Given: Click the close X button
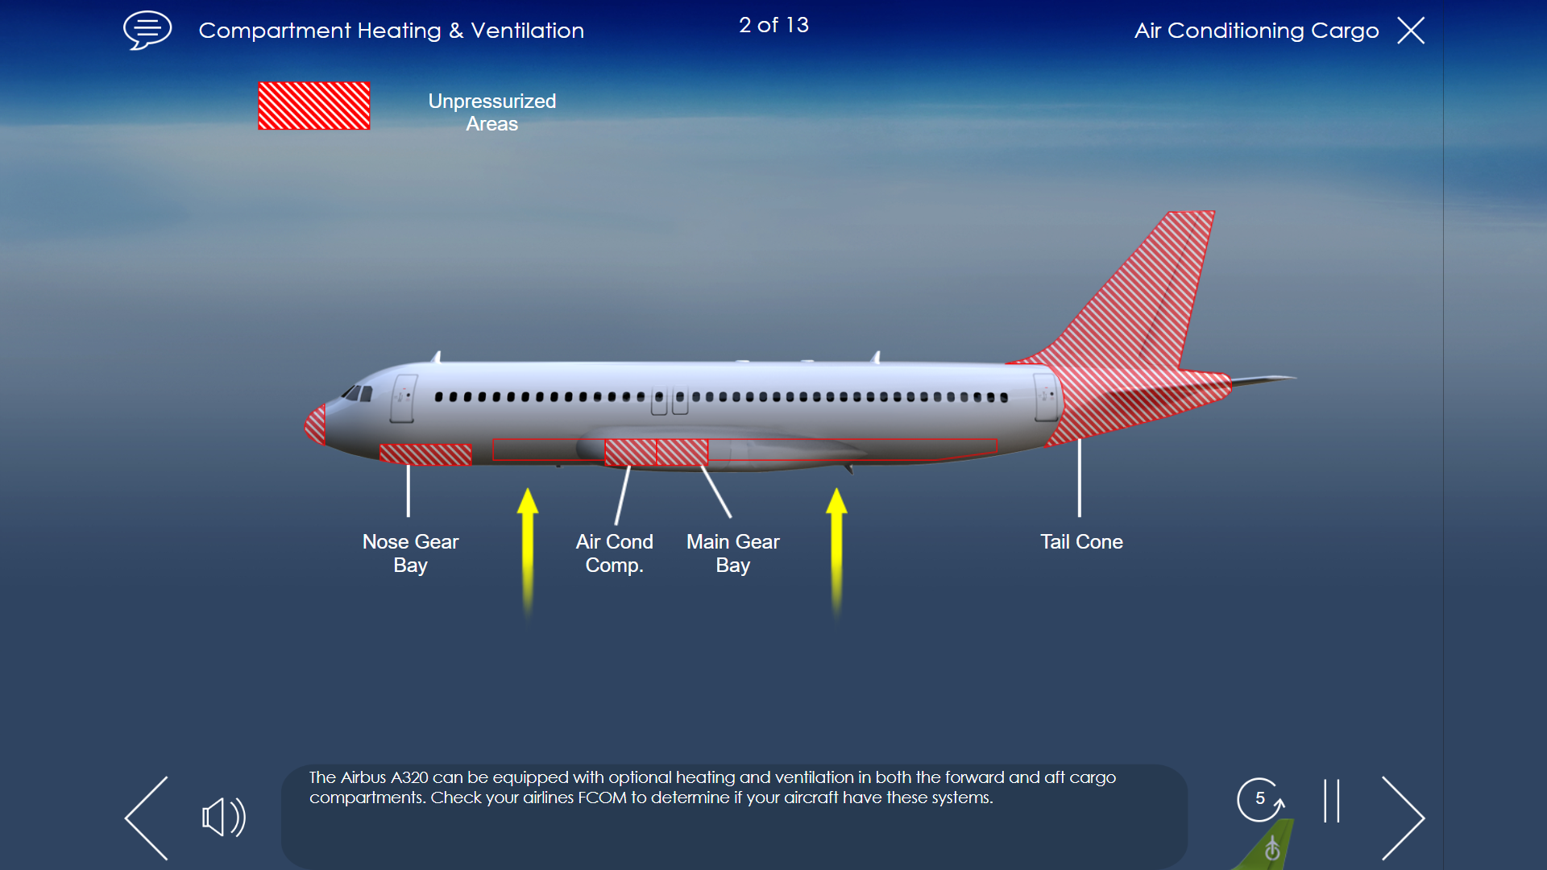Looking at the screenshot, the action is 1411,31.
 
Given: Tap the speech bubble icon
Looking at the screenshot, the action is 147,30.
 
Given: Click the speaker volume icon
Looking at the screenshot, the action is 223,818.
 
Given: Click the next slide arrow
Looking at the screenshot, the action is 1403,818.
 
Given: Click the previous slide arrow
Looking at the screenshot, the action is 147,818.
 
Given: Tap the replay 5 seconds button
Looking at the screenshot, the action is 1260,799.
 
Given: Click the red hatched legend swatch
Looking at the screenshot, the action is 314,106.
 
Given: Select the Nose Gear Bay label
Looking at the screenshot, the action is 410,553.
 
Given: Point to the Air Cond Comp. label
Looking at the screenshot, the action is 614,553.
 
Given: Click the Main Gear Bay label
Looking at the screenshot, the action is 732,553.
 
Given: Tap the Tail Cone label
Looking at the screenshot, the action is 1081,542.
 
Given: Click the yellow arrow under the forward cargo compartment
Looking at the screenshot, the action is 528,552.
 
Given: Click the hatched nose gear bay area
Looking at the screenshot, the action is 425,454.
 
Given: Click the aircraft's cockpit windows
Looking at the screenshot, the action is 357,393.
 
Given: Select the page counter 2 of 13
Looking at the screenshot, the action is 773,25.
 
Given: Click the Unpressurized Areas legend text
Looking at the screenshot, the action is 491,112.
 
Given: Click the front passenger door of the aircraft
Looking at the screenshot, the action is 403,398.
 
